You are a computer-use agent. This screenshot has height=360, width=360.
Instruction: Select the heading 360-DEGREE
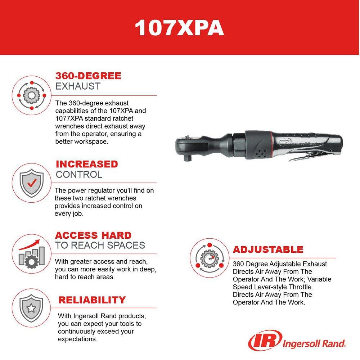(88, 76)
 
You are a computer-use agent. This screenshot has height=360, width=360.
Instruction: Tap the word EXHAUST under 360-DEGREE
(78, 87)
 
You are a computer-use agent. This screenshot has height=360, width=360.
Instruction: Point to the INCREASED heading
(87, 164)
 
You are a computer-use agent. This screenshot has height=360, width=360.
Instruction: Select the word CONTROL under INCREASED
(79, 175)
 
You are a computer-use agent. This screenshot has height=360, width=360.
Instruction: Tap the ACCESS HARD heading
(93, 235)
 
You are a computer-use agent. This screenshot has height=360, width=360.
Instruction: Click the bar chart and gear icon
(32, 253)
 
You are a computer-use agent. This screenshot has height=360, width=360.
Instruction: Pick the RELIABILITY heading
(92, 300)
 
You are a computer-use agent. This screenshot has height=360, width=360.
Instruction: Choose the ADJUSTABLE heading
(268, 249)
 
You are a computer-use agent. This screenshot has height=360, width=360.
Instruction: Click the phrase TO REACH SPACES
(100, 246)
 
